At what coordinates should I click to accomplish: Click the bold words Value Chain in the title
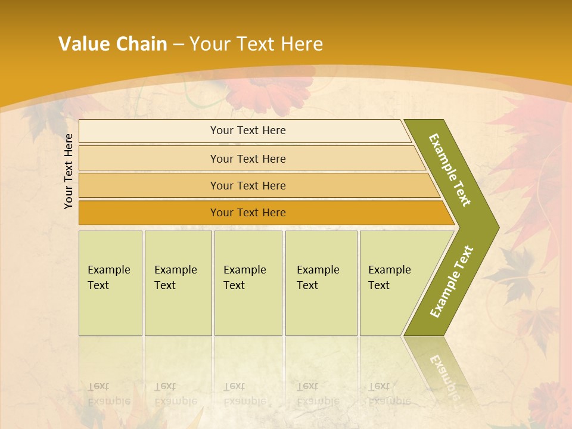113,44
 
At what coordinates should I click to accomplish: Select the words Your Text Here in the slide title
256,44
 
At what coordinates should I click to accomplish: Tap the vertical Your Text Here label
69,171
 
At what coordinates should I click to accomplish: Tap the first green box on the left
110,283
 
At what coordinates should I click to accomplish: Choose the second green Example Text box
178,283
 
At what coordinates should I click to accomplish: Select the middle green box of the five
248,283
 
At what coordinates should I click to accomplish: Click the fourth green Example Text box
321,283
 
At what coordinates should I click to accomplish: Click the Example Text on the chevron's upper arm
450,170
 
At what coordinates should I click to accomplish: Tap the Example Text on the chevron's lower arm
451,281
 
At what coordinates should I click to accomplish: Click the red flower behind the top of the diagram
271,89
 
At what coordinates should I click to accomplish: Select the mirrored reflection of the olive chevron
441,369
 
